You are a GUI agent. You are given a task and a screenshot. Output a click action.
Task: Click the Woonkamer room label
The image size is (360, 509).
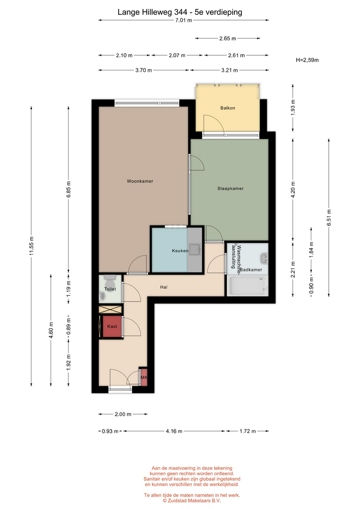140,181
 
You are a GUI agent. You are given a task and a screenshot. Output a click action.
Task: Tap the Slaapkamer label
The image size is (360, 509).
231,188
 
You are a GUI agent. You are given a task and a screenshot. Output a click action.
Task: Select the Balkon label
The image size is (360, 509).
227,108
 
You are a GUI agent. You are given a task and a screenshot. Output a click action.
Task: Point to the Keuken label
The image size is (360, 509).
180,251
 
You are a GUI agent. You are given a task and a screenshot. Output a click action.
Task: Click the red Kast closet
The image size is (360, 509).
112,327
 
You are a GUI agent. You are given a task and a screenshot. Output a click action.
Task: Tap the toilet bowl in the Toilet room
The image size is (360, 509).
110,278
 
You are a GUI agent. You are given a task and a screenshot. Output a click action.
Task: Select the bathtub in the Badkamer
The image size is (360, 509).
248,286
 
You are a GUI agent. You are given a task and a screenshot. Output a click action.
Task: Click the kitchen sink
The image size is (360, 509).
195,249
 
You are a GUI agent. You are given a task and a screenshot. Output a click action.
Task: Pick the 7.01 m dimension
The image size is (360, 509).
184,20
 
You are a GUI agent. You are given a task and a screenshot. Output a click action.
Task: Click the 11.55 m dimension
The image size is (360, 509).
31,245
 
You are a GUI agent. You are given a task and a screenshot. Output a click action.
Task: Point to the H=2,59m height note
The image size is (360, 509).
307,60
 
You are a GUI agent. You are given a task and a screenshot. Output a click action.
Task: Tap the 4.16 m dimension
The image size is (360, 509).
174,431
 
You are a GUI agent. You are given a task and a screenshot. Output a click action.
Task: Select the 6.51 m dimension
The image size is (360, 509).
329,217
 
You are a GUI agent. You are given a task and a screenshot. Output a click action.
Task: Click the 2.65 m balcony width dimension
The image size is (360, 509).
227,38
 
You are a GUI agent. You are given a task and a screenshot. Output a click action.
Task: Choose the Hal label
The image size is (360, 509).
164,287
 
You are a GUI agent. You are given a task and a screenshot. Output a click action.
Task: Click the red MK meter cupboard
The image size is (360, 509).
144,377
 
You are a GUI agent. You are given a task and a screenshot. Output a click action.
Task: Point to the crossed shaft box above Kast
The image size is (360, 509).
111,309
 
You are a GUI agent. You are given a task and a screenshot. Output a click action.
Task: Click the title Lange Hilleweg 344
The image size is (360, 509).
152,12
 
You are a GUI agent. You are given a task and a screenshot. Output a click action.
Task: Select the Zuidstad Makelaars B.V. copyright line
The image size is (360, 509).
192,501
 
